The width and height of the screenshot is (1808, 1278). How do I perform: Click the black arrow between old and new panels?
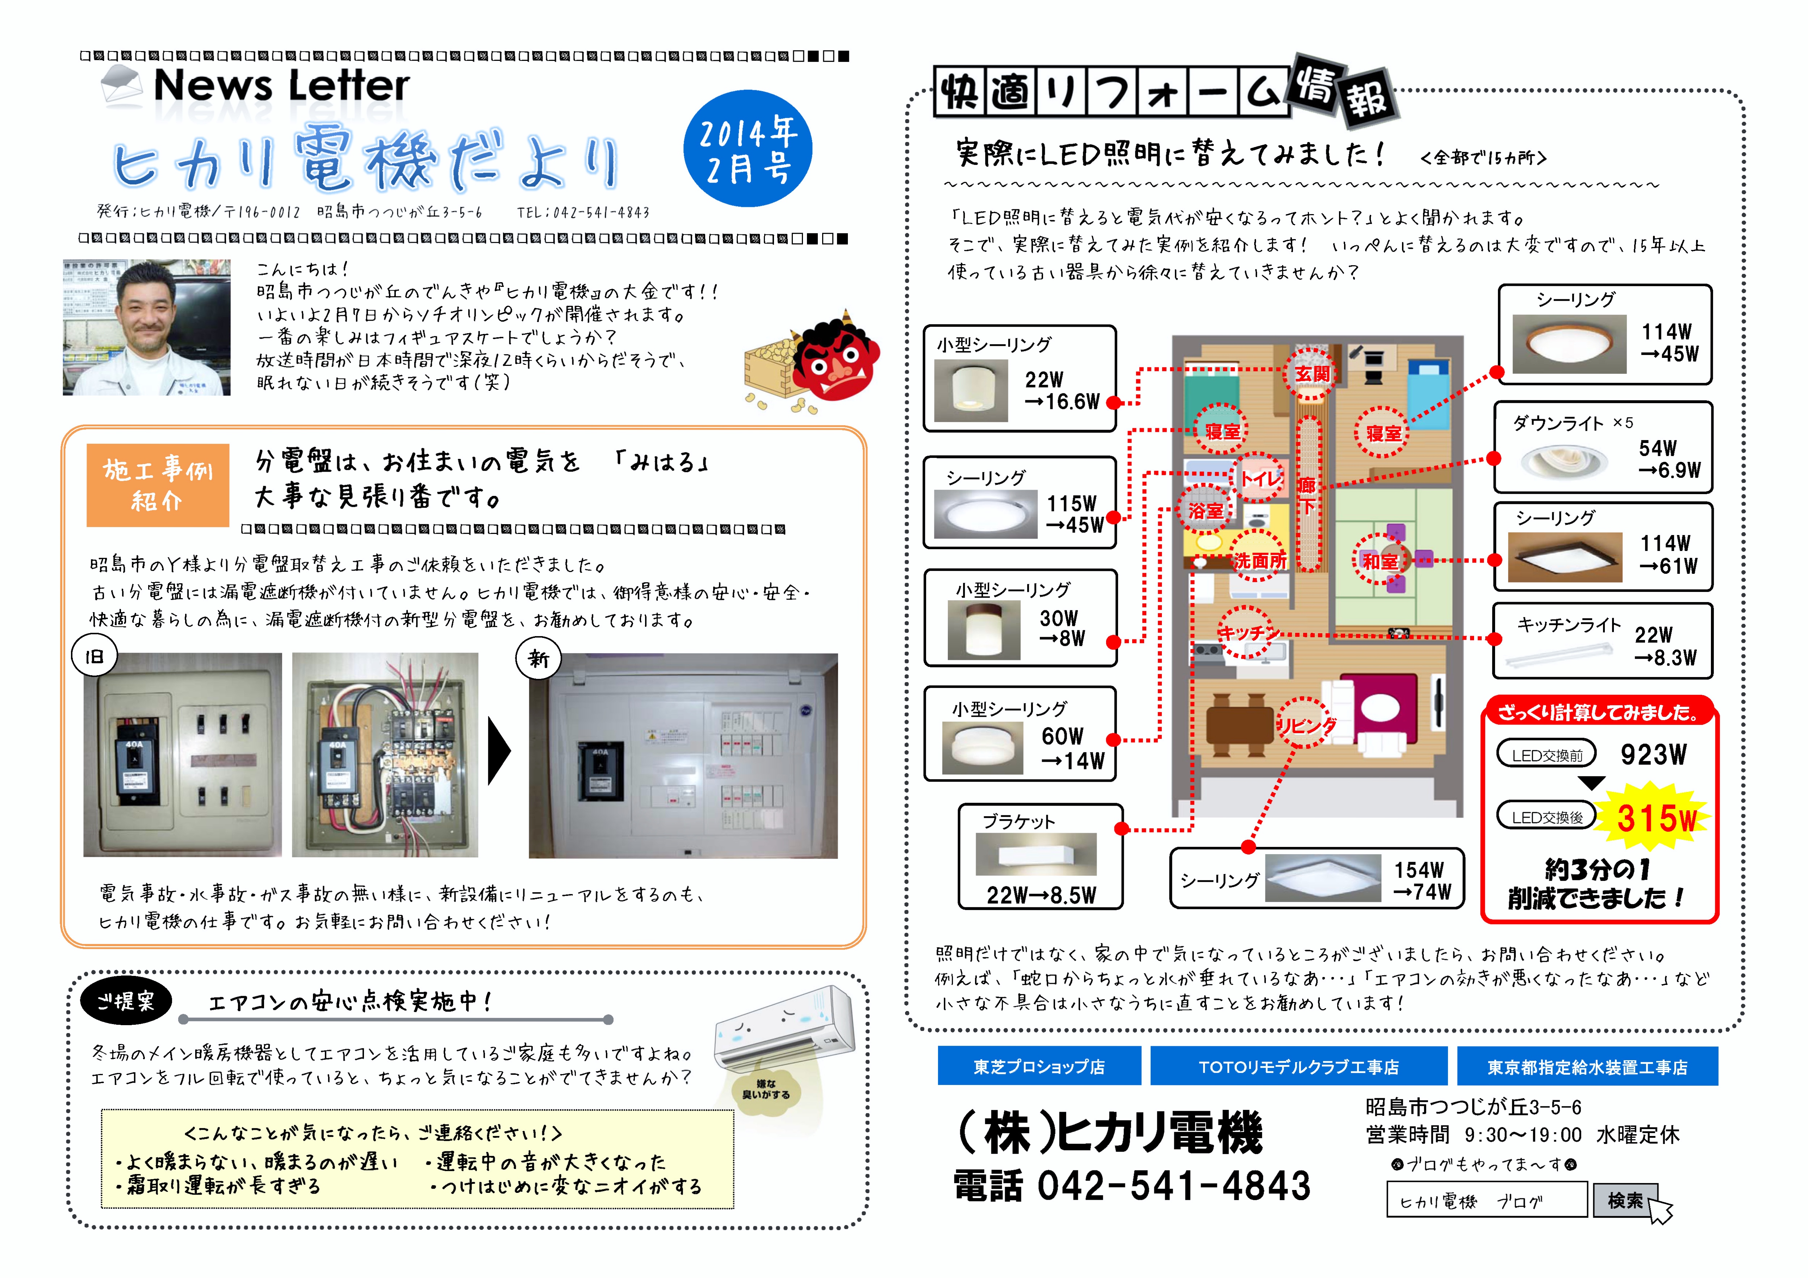click(x=499, y=751)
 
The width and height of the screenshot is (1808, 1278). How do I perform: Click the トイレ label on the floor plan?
click(x=1258, y=478)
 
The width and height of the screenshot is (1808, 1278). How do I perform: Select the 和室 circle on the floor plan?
click(x=1380, y=561)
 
